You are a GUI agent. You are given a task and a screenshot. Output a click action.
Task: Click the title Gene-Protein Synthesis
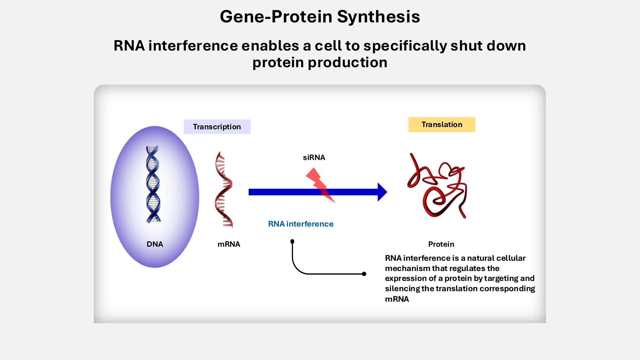(x=320, y=17)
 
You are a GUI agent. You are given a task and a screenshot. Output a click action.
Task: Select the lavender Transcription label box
(x=217, y=127)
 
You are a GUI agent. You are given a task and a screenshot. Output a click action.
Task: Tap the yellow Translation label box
(x=442, y=124)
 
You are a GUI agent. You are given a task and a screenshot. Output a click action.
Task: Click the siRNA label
(x=314, y=157)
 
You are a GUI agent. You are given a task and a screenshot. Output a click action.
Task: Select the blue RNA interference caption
(x=300, y=224)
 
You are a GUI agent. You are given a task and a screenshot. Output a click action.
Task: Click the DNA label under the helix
(x=155, y=244)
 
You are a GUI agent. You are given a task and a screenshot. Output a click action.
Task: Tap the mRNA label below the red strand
(x=228, y=244)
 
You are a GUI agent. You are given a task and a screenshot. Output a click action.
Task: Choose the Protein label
(x=441, y=244)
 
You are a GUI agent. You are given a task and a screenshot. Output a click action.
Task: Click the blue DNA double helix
(x=153, y=184)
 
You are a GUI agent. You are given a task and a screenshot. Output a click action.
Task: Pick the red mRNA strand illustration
(x=224, y=189)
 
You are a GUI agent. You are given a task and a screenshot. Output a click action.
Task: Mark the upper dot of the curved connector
(x=292, y=242)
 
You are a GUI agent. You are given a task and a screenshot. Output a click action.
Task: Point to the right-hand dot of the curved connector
(x=364, y=274)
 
